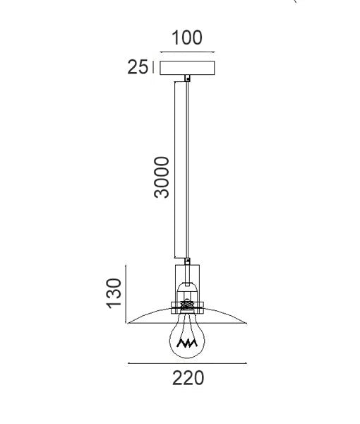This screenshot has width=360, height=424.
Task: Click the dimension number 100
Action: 187,37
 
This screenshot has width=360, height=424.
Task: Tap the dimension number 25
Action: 138,68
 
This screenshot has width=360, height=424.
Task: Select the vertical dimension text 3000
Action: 162,177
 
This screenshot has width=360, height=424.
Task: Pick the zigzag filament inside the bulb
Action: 187,343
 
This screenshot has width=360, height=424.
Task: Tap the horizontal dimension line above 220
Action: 187,364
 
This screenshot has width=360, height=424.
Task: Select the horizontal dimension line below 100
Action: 187,52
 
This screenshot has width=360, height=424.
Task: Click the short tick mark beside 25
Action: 153,68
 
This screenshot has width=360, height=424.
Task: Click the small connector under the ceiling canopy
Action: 187,78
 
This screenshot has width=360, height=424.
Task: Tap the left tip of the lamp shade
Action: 128,324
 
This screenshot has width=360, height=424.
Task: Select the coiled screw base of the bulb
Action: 187,306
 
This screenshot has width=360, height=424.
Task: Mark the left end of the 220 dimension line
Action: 128,364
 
